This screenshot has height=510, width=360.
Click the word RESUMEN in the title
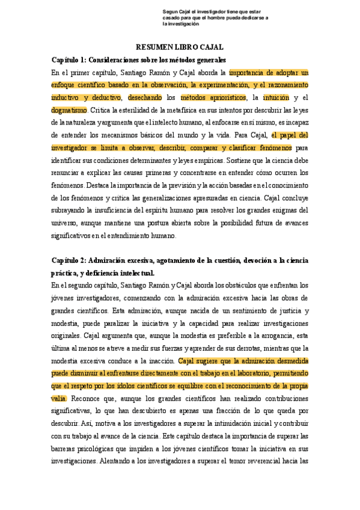(x=155, y=47)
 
